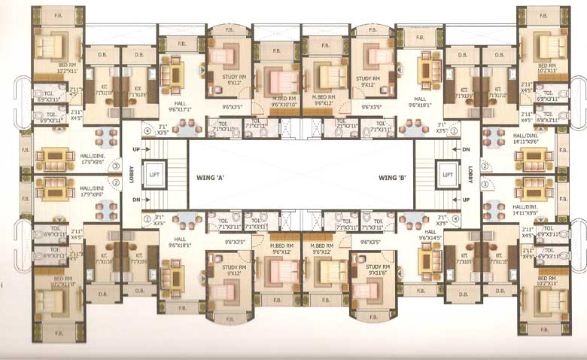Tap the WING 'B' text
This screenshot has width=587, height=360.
coord(392,178)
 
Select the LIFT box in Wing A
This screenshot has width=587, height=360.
coord(154,175)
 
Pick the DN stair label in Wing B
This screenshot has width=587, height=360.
coord(466,148)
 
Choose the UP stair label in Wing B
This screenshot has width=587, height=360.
coord(466,200)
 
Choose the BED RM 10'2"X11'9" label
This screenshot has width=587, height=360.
coord(59,283)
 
